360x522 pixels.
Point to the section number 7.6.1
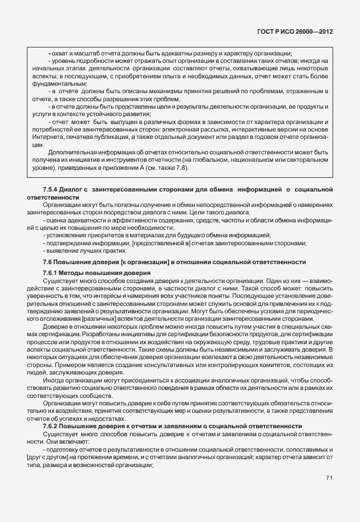point(52,273)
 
